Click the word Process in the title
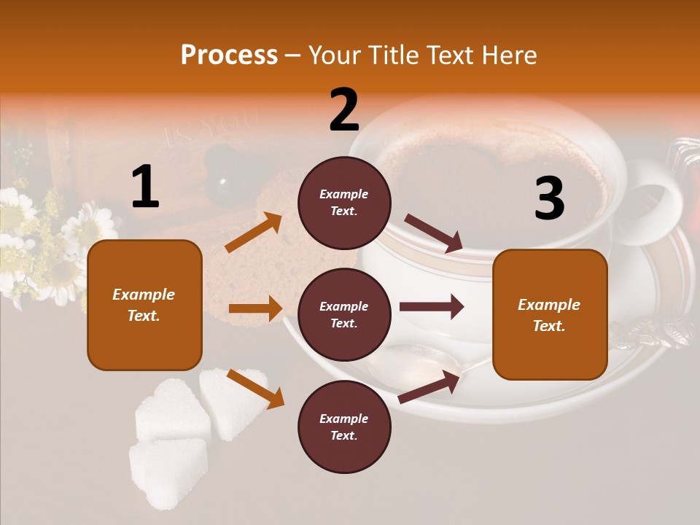point(229,55)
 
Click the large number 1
point(145,187)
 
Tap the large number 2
point(344,110)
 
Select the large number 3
point(549,198)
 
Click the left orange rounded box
point(144,305)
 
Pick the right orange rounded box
point(550,314)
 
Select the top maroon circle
point(344,203)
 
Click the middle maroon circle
point(344,314)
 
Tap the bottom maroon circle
point(344,427)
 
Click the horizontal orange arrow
point(255,308)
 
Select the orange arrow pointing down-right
point(255,388)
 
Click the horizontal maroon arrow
point(431,307)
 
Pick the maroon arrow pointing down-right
point(433,233)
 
